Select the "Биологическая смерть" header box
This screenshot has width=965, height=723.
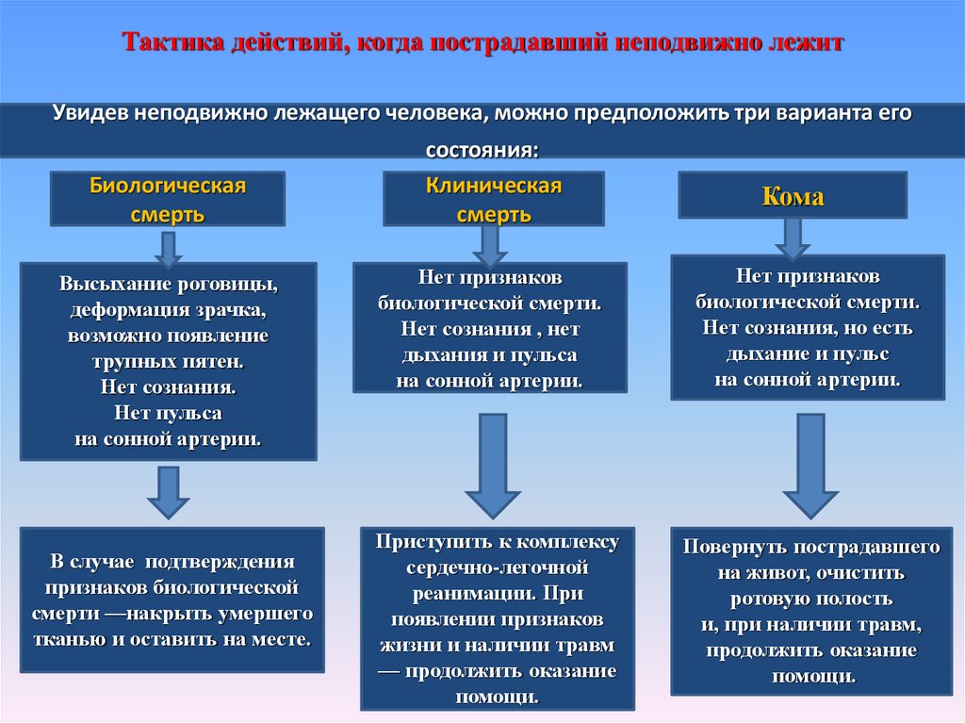point(168,199)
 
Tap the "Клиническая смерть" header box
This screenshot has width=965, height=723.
point(494,199)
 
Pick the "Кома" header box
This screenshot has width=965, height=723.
point(793,196)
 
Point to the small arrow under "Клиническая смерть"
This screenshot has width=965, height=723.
point(490,245)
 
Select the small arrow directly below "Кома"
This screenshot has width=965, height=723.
point(793,238)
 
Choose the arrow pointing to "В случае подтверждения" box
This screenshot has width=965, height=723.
point(169,492)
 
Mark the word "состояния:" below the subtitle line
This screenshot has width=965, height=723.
point(482,151)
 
